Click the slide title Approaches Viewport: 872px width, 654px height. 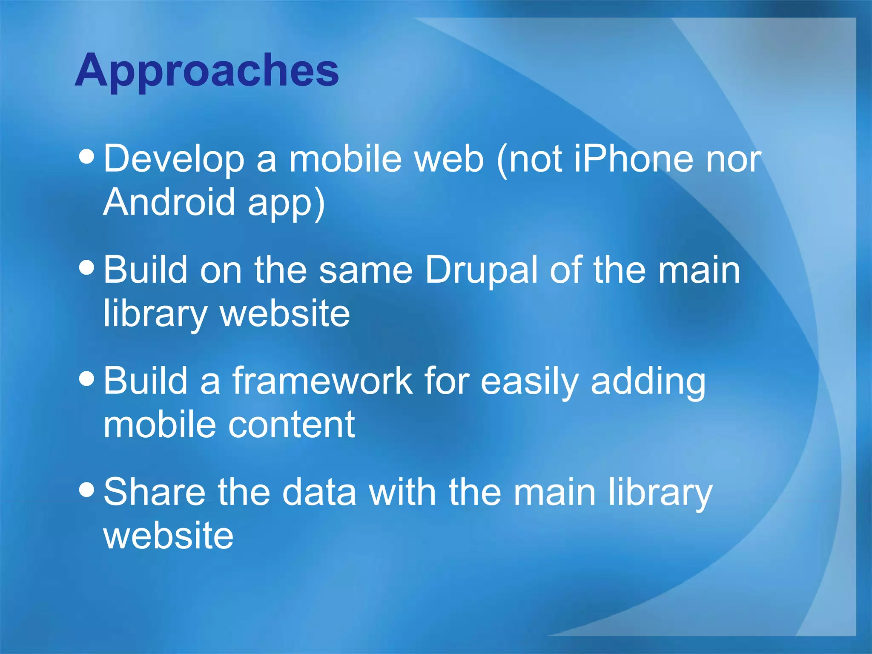point(207,70)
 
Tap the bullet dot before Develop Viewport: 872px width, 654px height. point(87,156)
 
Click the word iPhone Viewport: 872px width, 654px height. point(634,159)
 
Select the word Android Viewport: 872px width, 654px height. point(169,202)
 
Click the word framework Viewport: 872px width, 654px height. point(322,381)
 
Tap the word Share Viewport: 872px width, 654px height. point(155,492)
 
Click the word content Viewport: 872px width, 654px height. point(292,425)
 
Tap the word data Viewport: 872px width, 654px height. point(319,492)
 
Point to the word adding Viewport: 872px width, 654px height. point(648,381)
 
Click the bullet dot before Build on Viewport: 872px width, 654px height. point(87,267)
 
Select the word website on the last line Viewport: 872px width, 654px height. point(168,535)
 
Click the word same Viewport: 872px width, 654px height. point(365,270)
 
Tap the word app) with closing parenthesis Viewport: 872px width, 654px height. point(287,203)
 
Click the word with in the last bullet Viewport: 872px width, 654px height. point(402,492)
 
